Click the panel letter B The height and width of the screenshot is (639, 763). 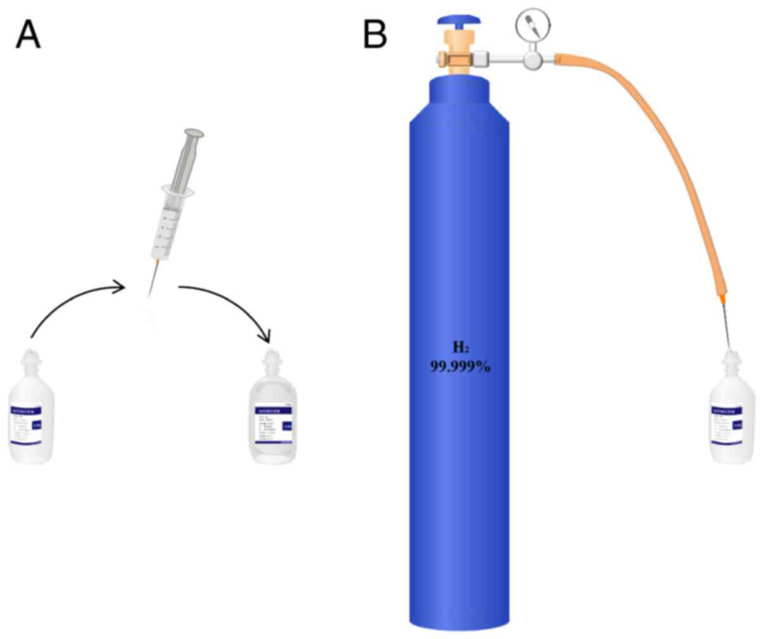coord(374,34)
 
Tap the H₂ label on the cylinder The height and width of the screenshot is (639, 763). coord(460,347)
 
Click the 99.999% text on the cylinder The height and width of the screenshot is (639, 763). coord(460,367)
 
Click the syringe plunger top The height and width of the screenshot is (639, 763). coord(194,134)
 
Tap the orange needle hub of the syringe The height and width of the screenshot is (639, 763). coord(156,262)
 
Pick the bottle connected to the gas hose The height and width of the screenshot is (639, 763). coord(733,412)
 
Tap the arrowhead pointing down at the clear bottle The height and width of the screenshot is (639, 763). coord(269,336)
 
